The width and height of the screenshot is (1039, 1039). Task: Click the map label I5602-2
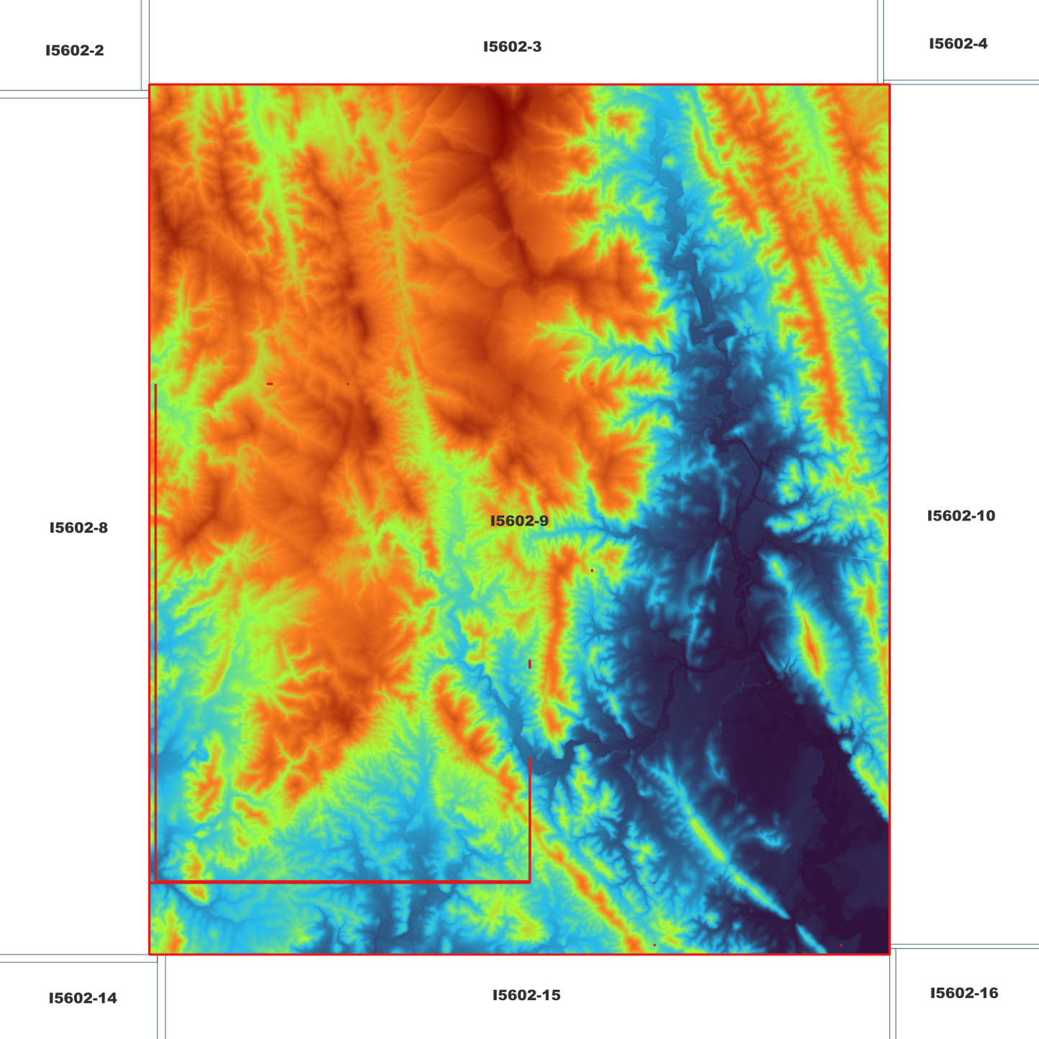75,51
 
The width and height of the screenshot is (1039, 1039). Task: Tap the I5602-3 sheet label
512,47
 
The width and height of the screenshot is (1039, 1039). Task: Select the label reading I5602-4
958,44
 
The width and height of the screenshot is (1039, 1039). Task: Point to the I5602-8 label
78,528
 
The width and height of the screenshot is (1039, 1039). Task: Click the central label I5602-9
519,521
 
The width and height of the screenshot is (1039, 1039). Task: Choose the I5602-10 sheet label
961,516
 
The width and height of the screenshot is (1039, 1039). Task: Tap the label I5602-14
83,998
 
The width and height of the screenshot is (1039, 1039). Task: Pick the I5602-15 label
526,995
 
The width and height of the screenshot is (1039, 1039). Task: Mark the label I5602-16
964,993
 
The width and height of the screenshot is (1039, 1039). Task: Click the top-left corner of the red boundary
150,85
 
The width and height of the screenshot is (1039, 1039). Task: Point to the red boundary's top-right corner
889,85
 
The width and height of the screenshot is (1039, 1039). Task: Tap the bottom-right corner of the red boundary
889,954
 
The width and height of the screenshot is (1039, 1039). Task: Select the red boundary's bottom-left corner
150,954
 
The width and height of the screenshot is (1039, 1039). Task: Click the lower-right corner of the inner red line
529,881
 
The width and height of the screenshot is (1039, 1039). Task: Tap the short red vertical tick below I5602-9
529,664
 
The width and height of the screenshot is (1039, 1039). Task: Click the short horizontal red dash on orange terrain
270,384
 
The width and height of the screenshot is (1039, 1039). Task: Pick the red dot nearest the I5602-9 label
592,570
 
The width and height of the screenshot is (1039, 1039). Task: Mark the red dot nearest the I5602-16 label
841,945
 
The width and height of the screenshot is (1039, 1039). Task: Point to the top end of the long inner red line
155,385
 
